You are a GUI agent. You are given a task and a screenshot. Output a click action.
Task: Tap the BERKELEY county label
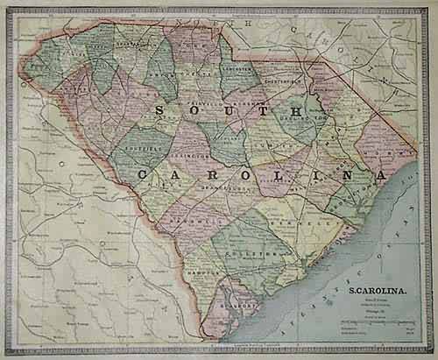(x=311, y=224)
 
